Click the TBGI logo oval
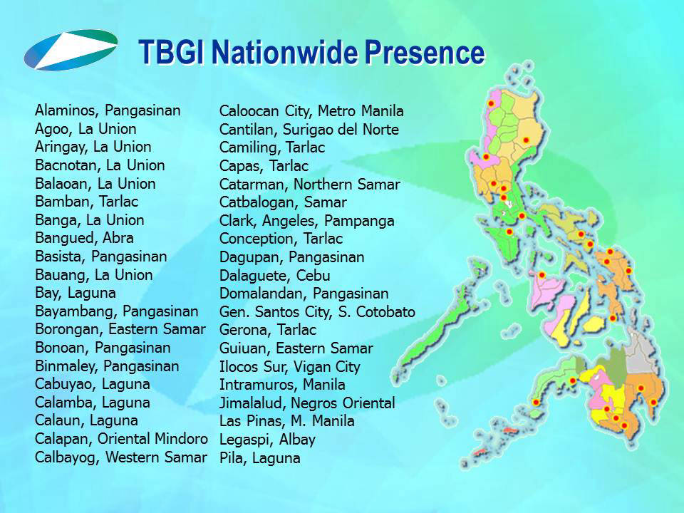tap(71, 50)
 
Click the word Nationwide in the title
tap(284, 52)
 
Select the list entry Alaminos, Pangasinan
tap(108, 111)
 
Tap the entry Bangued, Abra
tap(84, 238)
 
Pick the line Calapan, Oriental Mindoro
tap(121, 439)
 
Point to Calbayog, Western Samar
tap(121, 457)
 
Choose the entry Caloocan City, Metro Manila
tap(311, 111)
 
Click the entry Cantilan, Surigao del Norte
tap(309, 130)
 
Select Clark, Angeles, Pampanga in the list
tap(306, 221)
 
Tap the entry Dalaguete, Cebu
tap(275, 276)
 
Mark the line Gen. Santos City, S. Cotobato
tap(317, 312)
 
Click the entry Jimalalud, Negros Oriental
tap(307, 403)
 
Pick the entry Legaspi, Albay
tap(267, 440)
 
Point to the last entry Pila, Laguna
tap(260, 458)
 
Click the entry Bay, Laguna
tap(76, 293)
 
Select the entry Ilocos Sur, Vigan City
tap(290, 367)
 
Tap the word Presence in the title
tap(425, 52)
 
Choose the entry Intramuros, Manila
tap(282, 385)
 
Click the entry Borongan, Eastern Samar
tap(120, 329)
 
